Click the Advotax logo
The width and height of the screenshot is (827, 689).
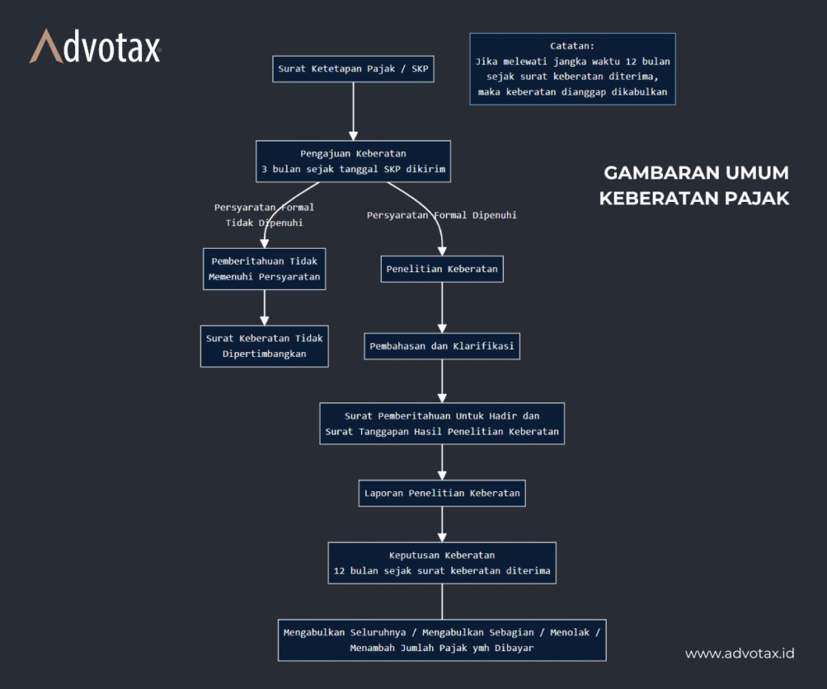[x=95, y=48]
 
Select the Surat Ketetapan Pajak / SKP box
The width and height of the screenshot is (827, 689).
[x=354, y=69]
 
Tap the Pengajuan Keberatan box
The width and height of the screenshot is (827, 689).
[x=353, y=161]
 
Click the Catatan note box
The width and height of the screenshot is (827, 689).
[x=572, y=69]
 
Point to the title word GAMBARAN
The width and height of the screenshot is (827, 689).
[x=650, y=174]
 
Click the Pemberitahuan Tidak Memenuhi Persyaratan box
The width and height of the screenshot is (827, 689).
[x=264, y=269]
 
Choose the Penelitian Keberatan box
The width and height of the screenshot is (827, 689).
[x=442, y=269]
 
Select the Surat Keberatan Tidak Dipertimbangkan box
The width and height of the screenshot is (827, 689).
[x=264, y=346]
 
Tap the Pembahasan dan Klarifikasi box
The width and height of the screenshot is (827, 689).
[x=442, y=347]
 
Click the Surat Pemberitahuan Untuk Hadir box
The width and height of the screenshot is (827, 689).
[x=442, y=423]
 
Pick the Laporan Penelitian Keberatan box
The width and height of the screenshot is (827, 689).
[x=442, y=493]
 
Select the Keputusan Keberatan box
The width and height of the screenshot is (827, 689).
[x=442, y=563]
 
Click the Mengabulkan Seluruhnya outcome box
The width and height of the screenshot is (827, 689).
[x=442, y=640]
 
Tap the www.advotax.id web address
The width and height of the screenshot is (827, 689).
[x=740, y=653]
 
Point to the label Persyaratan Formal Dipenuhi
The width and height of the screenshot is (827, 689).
[x=442, y=216]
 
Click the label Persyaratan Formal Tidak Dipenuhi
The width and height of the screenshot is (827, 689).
[x=264, y=215]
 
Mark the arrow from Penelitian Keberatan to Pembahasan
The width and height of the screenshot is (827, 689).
[x=442, y=307]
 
